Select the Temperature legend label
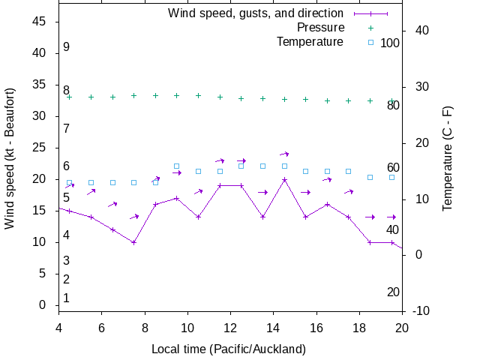(310, 41)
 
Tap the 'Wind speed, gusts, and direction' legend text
(256, 13)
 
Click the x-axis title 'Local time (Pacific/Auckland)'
(229, 349)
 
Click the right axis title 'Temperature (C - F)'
(447, 157)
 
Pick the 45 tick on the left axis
(40, 22)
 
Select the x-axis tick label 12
(230, 327)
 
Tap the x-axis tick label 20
(402, 327)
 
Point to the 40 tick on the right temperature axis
(421, 31)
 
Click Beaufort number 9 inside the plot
(66, 47)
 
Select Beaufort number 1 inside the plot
(66, 298)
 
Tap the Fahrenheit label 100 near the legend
(390, 43)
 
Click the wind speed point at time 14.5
(284, 179)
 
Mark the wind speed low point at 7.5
(133, 242)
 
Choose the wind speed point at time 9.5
(177, 198)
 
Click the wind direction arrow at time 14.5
(284, 154)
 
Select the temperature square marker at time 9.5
(177, 166)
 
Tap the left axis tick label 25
(40, 148)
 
